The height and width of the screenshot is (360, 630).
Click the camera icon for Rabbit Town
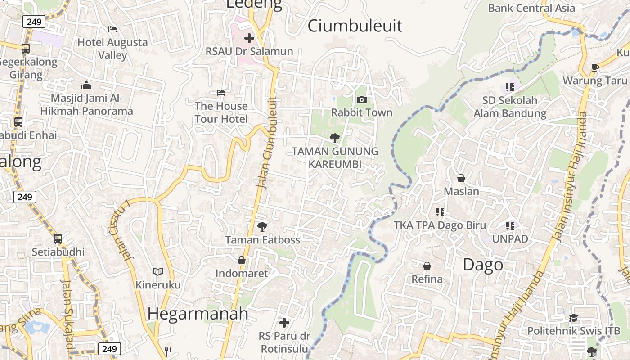tap(361, 99)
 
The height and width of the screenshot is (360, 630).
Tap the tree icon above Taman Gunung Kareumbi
tap(334, 138)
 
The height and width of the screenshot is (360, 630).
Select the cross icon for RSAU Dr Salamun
tap(249, 38)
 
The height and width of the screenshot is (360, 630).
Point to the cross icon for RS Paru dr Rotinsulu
tap(284, 322)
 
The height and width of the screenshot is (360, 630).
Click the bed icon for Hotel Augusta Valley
tap(112, 29)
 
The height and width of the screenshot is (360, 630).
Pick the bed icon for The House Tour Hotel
tap(221, 93)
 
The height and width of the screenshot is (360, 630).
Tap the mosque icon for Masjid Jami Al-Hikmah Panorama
tap(86, 85)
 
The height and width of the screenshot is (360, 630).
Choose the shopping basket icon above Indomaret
tap(242, 260)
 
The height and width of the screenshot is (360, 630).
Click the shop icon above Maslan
tap(461, 178)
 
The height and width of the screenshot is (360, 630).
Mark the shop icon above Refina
tap(427, 266)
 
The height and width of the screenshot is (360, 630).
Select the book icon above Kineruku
tap(157, 271)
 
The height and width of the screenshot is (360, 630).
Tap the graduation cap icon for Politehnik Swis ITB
tap(573, 318)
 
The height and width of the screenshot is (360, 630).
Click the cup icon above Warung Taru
tap(595, 68)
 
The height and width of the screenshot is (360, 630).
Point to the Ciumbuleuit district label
tap(355, 26)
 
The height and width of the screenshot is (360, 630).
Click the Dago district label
tap(483, 265)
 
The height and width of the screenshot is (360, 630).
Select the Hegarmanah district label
tap(198, 313)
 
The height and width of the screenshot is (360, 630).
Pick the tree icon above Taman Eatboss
tap(262, 227)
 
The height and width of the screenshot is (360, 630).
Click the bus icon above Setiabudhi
tap(58, 239)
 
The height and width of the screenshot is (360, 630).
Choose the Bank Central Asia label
tap(531, 8)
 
